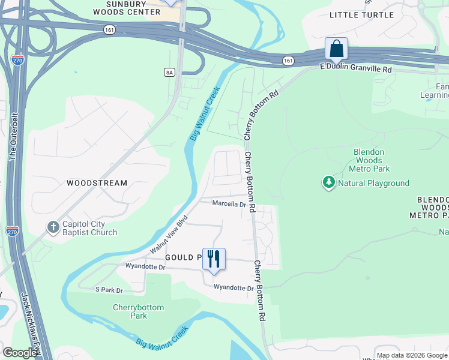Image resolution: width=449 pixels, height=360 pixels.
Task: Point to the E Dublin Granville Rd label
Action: pos(355,70)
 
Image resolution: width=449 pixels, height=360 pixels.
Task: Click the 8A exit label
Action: pos(169,72)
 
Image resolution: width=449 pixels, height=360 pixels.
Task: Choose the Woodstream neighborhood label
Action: pos(97,183)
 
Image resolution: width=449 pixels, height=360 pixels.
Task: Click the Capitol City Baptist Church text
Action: pos(89,228)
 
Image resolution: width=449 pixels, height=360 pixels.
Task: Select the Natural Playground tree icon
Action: pos(328,182)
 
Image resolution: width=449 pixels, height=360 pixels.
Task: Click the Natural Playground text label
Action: pos(373,183)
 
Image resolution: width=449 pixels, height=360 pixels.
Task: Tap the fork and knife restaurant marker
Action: pos(214,259)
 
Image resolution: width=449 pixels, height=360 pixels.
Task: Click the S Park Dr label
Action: pos(109,290)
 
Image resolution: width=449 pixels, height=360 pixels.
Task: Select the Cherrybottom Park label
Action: pos(138,311)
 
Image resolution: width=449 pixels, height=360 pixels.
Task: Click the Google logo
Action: pos(20,353)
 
